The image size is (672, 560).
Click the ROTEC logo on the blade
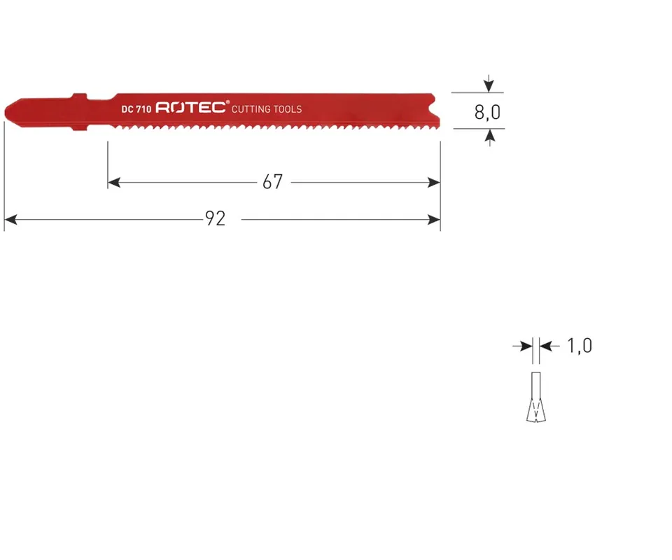click(x=190, y=107)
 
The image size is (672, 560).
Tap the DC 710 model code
click(x=136, y=109)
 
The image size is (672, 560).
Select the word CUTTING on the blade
click(x=251, y=109)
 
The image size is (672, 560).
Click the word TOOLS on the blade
click(x=288, y=109)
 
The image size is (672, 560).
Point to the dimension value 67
click(x=272, y=182)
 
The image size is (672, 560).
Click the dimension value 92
click(x=215, y=218)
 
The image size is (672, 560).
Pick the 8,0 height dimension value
click(x=487, y=112)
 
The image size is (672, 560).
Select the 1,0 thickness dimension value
click(x=580, y=346)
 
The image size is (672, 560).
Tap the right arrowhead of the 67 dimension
click(x=434, y=183)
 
